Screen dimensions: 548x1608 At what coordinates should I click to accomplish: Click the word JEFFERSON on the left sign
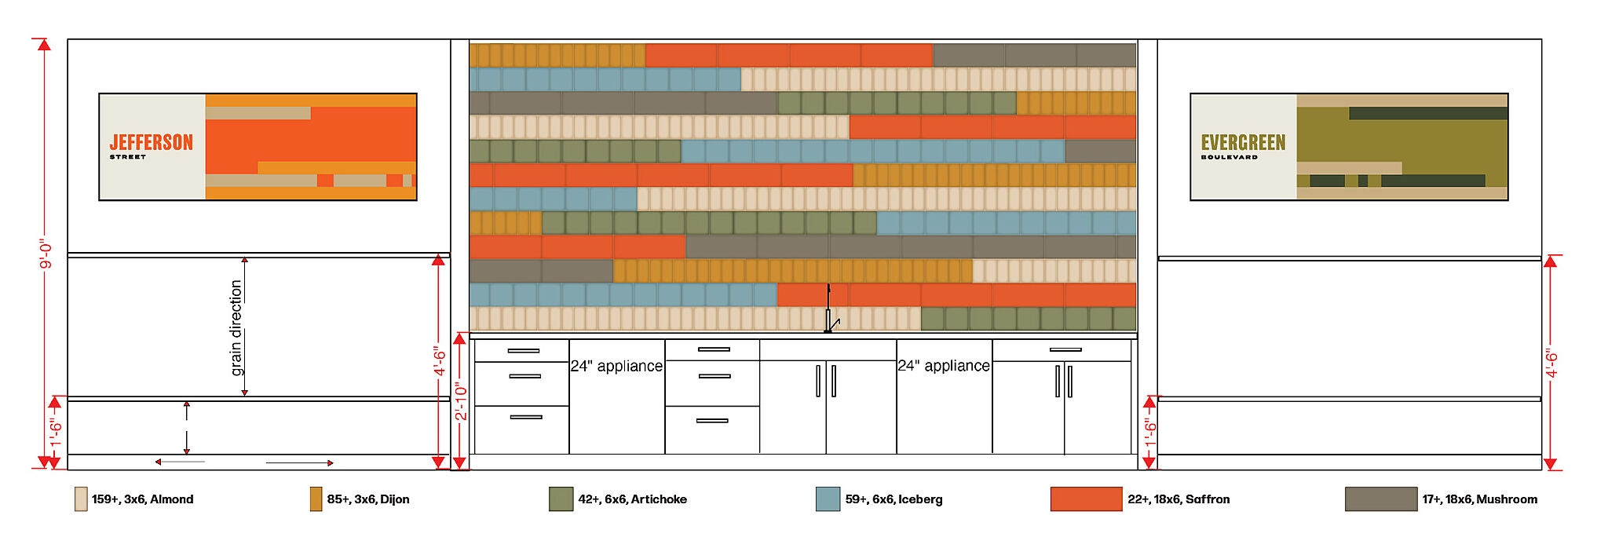click(151, 142)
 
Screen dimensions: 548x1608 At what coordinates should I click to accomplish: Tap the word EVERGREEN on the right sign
click(1243, 142)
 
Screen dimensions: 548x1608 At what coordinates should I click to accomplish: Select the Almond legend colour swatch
click(81, 499)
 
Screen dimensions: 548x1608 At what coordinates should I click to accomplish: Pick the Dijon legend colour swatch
click(316, 499)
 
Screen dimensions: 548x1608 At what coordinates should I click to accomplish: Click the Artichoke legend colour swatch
click(561, 499)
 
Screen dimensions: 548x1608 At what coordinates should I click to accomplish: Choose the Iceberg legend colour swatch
click(828, 499)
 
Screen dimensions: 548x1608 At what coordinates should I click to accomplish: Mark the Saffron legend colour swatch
click(1086, 499)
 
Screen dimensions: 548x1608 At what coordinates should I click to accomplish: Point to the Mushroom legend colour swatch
click(1380, 499)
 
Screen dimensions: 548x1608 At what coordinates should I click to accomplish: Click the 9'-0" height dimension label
click(46, 254)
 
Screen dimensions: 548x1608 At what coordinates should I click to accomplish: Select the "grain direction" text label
click(236, 327)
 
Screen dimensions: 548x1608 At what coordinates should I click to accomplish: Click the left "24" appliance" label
click(616, 366)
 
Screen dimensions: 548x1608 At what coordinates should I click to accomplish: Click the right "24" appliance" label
click(944, 366)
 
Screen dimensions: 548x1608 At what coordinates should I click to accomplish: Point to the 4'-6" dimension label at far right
click(1551, 363)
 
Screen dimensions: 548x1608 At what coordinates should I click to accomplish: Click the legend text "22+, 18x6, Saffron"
click(1179, 499)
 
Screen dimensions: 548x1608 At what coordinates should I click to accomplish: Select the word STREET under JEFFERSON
click(128, 157)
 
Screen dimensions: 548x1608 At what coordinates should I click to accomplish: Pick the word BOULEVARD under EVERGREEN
click(1229, 157)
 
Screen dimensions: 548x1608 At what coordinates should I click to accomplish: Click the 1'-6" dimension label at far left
click(55, 433)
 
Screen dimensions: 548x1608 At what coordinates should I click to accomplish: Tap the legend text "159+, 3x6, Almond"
click(142, 499)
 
